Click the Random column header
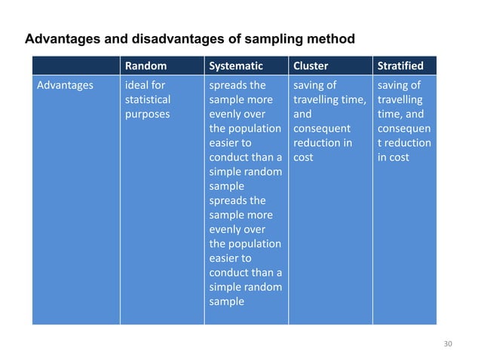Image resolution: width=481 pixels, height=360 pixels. [146, 66]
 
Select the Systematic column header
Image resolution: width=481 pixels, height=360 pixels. [236, 66]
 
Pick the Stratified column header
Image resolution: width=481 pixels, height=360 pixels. [400, 66]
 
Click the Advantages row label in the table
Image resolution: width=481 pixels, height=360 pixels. [66, 85]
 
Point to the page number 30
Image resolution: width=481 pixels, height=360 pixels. [448, 344]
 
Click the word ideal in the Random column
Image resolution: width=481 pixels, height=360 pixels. [136, 85]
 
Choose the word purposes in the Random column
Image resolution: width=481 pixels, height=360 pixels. [147, 114]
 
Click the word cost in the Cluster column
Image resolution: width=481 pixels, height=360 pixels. [303, 157]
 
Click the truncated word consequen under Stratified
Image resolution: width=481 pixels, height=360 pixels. [403, 129]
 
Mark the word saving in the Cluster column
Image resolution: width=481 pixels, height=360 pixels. [308, 85]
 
